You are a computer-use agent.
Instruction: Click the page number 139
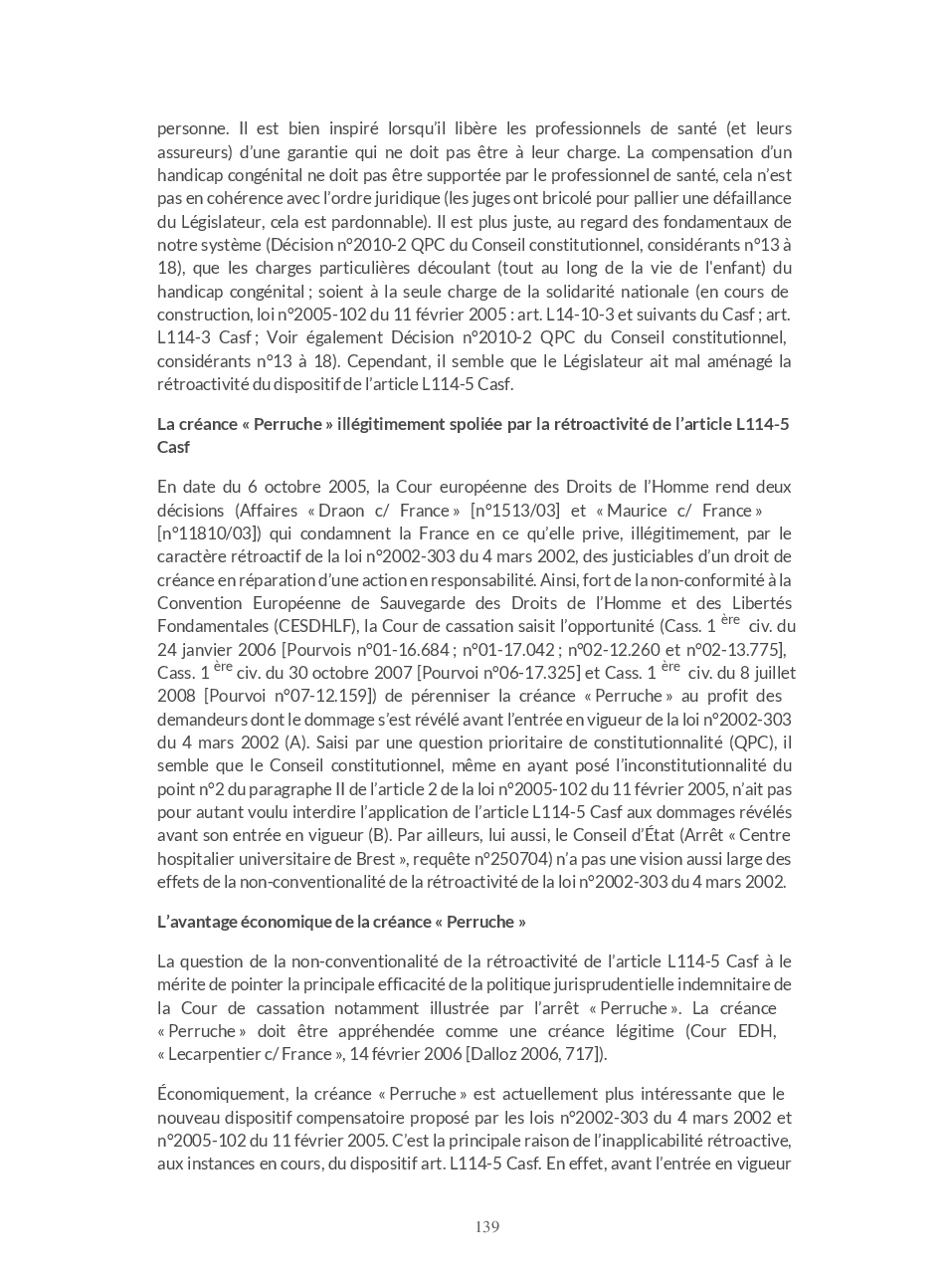pyautogui.click(x=486, y=1227)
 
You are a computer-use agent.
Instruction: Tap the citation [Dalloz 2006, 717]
pyautogui.click(x=532, y=1055)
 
